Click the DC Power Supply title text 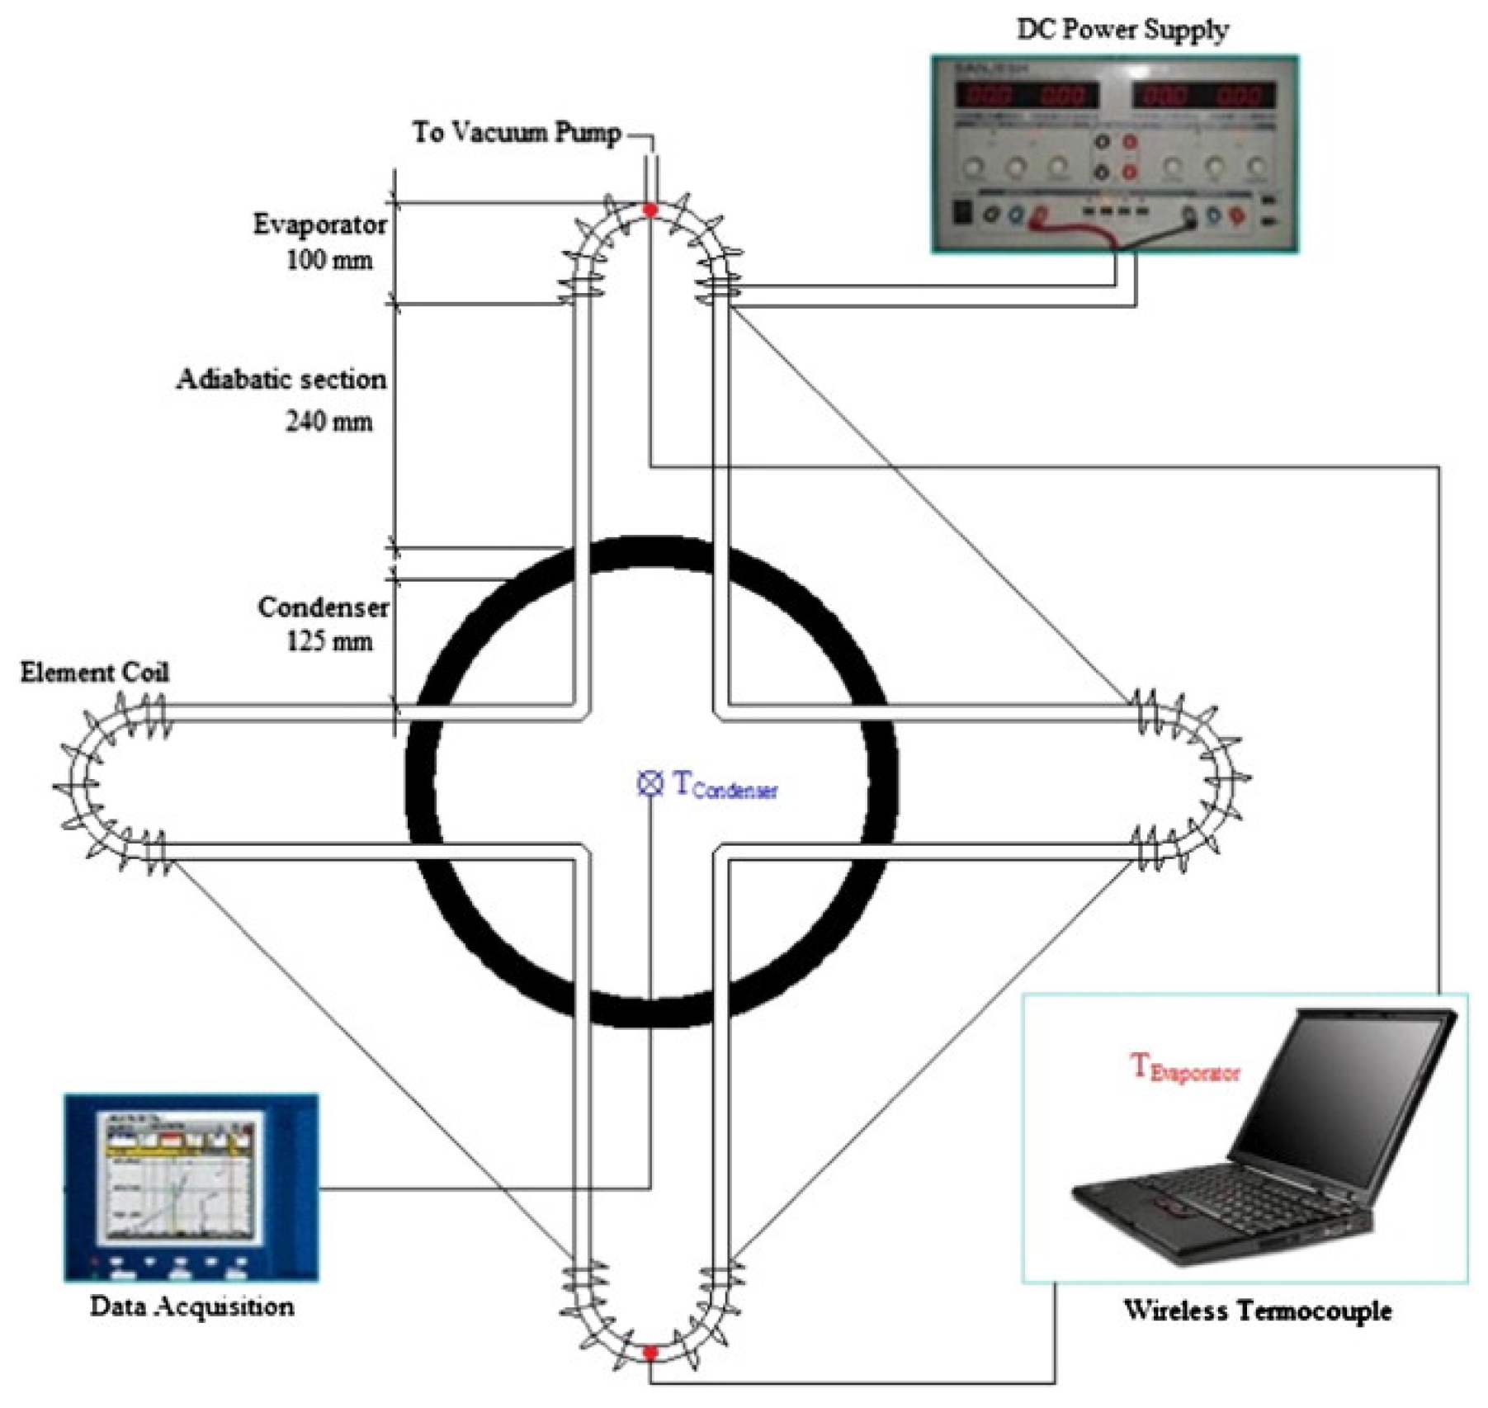[x=1122, y=31]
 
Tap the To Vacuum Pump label [x=517, y=132]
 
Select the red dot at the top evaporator [x=650, y=210]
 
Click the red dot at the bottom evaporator [x=650, y=1352]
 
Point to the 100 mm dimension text [x=328, y=261]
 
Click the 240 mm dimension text [x=328, y=422]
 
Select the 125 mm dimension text [x=328, y=641]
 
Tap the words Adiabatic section [x=281, y=380]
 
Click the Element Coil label [x=95, y=673]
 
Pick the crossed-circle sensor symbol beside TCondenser [x=650, y=783]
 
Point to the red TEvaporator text [x=1184, y=1069]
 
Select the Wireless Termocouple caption [x=1257, y=1311]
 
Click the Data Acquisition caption [x=191, y=1306]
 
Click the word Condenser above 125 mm [x=323, y=607]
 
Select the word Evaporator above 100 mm [x=319, y=224]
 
